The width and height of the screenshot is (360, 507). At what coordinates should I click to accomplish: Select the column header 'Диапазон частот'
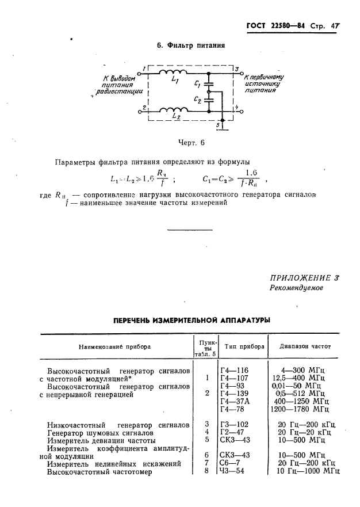[x=305, y=347]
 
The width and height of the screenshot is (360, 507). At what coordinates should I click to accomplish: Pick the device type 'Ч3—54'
[x=232, y=471]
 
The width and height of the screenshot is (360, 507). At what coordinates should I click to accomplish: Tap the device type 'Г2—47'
[x=232, y=432]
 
